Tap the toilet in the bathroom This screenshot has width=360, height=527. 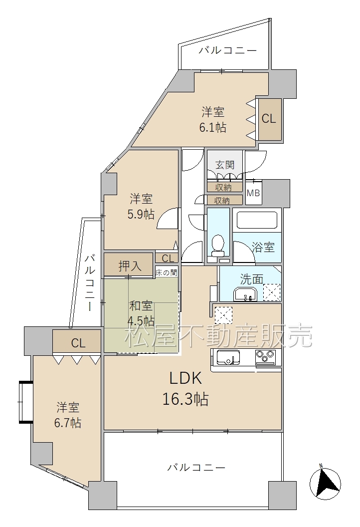pos(218,246)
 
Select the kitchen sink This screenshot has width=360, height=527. pos(228,357)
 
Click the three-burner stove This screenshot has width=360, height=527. pos(265,357)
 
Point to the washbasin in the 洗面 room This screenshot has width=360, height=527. pos(245,294)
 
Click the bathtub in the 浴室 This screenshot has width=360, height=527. pos(257,220)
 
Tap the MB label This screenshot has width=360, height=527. pos(253,193)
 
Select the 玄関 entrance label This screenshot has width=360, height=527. pos(225,165)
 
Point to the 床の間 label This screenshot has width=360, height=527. pos(166,272)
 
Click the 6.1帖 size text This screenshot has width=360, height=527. pos(212,128)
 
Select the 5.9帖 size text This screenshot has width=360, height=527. pos(141,214)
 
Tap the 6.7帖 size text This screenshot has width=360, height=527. pos(68,423)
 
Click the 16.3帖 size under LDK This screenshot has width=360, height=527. pos(185,399)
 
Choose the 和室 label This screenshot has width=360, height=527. pos(141,306)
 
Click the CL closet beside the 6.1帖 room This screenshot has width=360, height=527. pos(269,119)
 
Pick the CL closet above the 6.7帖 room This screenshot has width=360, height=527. pos(78,343)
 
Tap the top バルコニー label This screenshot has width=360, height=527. pos(228,50)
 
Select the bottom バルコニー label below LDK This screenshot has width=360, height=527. pos(196,468)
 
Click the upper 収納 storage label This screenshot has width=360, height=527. pos(223,187)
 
